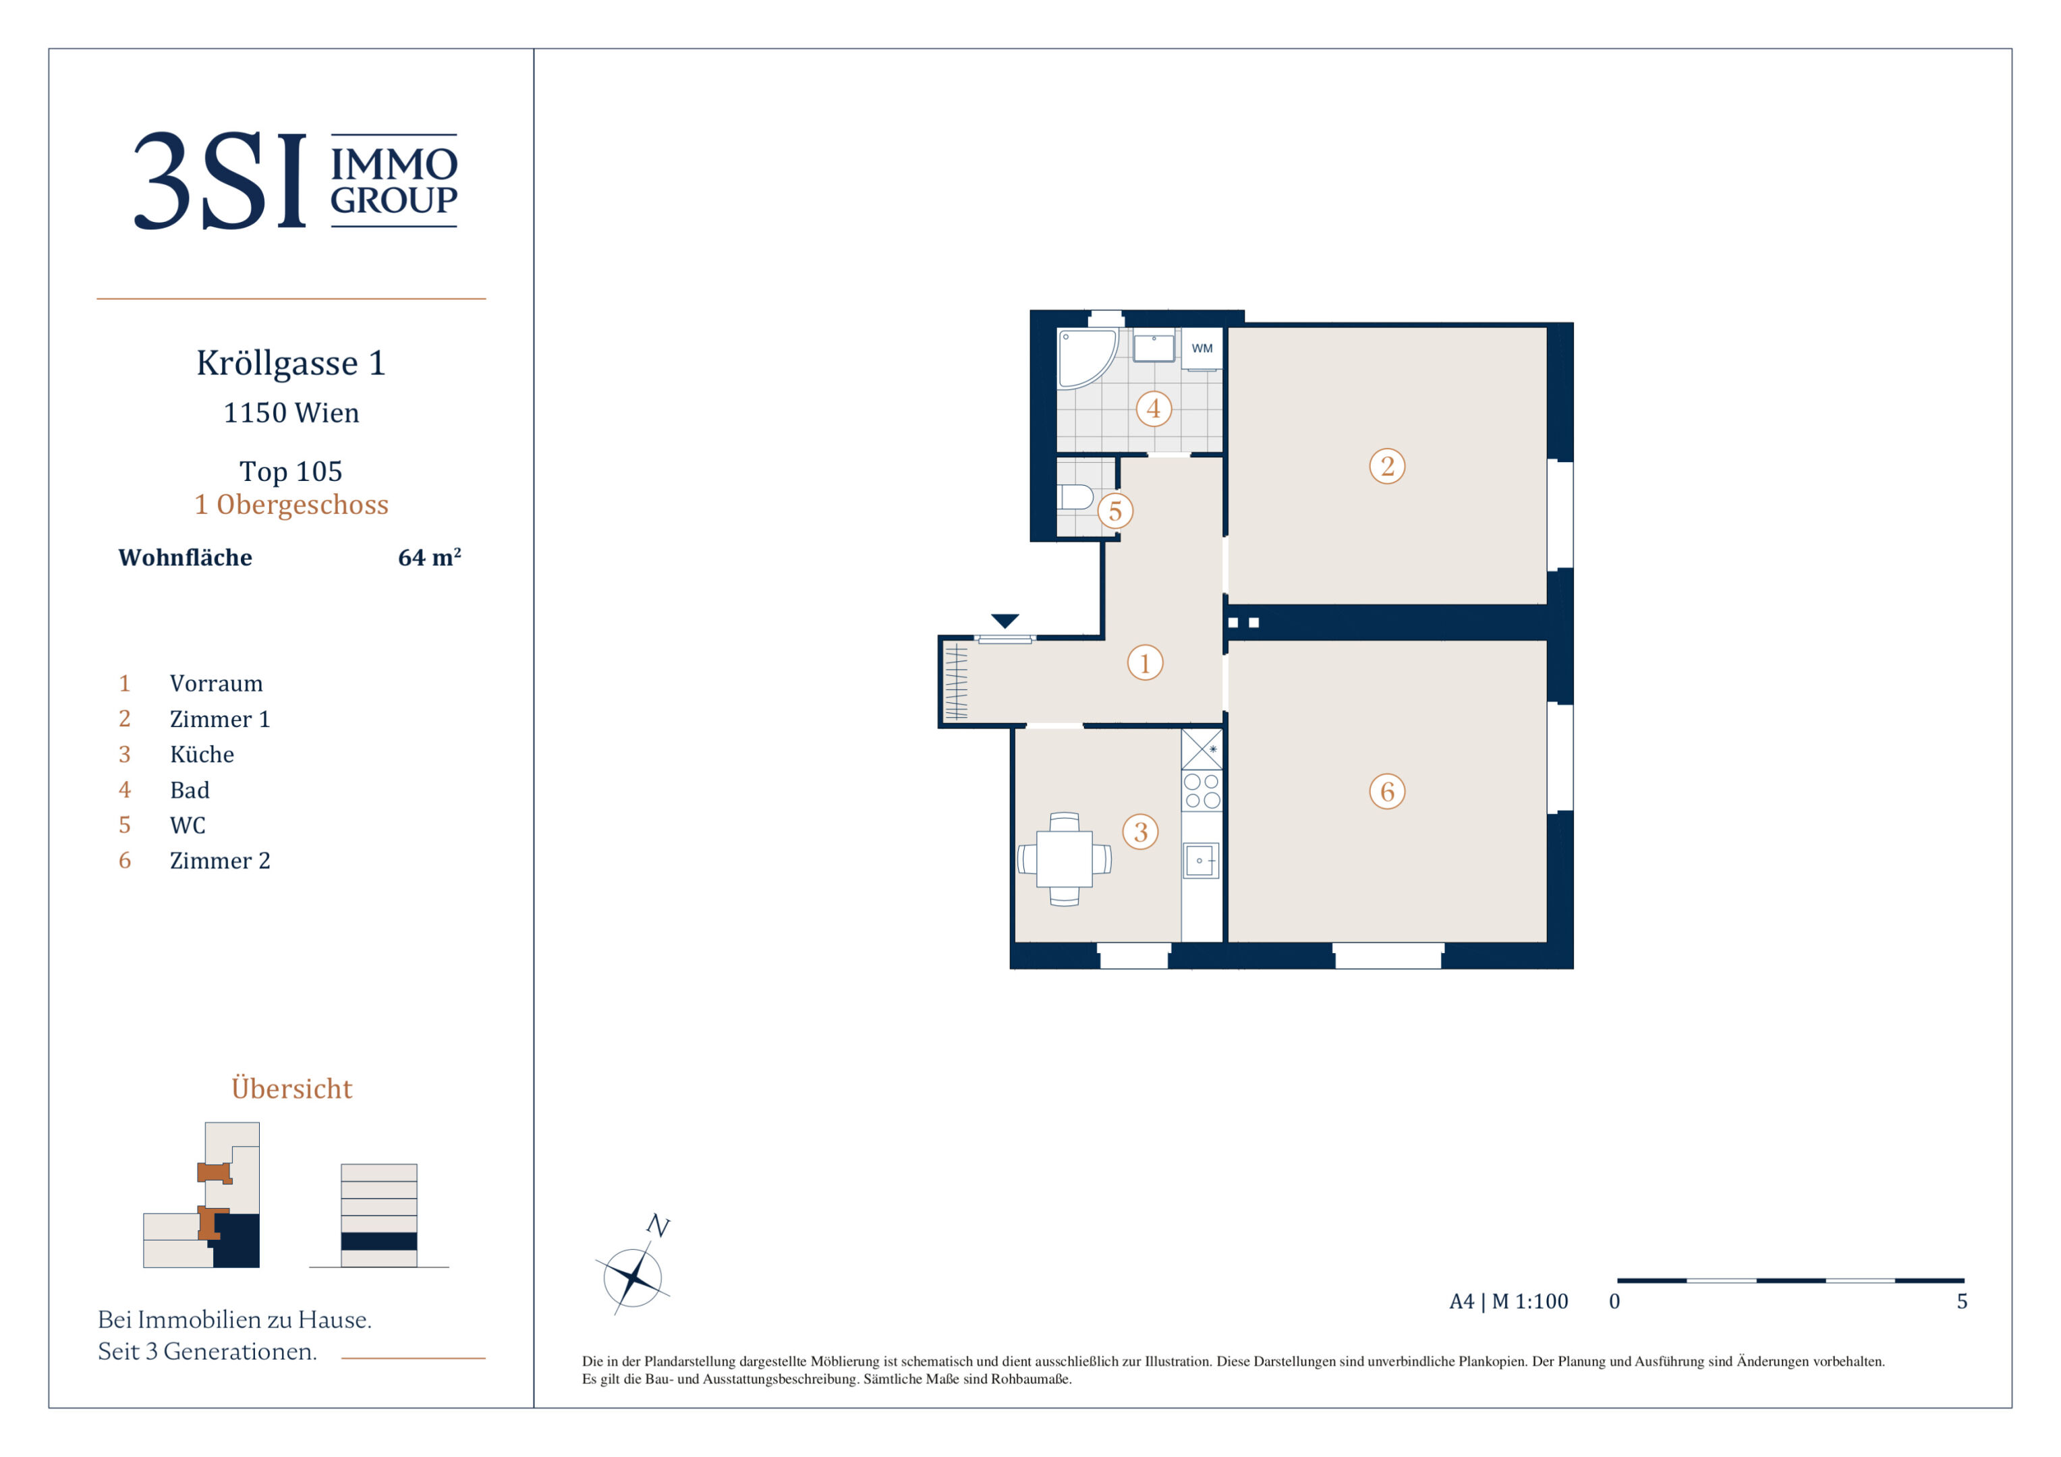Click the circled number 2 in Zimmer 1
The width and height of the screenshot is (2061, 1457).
tap(1387, 466)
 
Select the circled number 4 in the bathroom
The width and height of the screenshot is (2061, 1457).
tap(1154, 409)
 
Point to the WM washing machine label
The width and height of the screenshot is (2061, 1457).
tap(1202, 348)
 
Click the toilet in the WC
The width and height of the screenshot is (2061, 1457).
tap(1075, 496)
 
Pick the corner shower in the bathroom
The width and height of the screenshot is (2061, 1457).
tap(1086, 358)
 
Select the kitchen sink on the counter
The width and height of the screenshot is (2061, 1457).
tap(1201, 860)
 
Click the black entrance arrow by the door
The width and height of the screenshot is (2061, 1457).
tap(1005, 621)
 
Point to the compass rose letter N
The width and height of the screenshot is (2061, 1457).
tap(658, 1226)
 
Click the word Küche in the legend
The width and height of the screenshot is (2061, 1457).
tap(202, 754)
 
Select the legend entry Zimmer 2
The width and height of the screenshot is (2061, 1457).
tap(220, 860)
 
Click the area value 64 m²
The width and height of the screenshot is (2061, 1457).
tap(429, 557)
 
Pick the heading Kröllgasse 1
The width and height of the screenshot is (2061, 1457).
tap(291, 363)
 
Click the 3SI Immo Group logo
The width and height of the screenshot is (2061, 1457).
tap(295, 181)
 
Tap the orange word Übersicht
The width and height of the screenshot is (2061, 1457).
tap(291, 1088)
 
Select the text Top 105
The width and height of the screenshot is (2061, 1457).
tap(291, 472)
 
